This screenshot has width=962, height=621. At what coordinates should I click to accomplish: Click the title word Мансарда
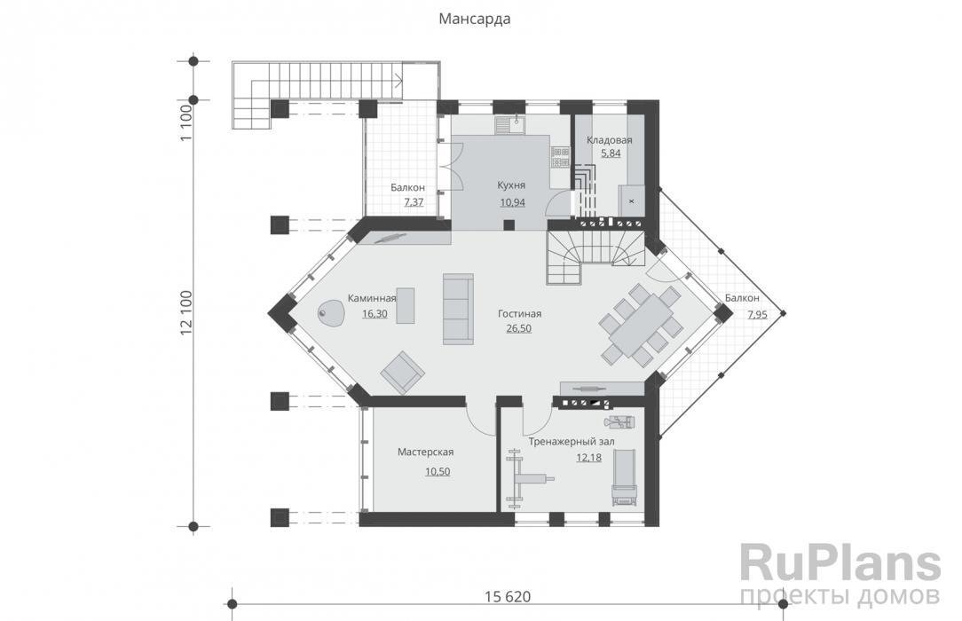click(474, 19)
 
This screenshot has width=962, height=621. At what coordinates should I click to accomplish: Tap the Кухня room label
click(511, 185)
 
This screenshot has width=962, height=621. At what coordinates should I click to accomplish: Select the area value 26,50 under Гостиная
click(519, 328)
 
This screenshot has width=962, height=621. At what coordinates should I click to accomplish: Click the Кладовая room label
click(609, 140)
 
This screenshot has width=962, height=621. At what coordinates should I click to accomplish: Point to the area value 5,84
click(611, 153)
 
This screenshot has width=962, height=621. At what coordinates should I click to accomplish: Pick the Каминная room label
click(372, 299)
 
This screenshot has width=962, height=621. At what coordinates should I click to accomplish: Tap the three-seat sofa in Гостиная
click(458, 309)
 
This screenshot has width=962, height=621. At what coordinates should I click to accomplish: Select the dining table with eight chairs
click(640, 325)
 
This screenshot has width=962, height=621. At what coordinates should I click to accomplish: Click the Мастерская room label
click(425, 452)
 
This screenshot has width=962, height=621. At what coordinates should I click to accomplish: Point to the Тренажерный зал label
click(572, 442)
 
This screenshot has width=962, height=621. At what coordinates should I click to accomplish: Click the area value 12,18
click(589, 457)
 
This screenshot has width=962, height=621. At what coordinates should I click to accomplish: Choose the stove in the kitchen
click(560, 156)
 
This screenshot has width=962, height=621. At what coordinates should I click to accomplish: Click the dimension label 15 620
click(508, 596)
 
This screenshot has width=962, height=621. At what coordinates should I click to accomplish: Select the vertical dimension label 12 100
click(186, 313)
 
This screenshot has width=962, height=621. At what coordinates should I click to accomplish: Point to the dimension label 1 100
click(186, 122)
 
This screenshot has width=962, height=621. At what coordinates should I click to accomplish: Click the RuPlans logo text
click(840, 562)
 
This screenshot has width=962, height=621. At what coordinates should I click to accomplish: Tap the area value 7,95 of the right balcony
click(757, 315)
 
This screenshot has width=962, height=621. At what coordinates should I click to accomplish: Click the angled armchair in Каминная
click(403, 372)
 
